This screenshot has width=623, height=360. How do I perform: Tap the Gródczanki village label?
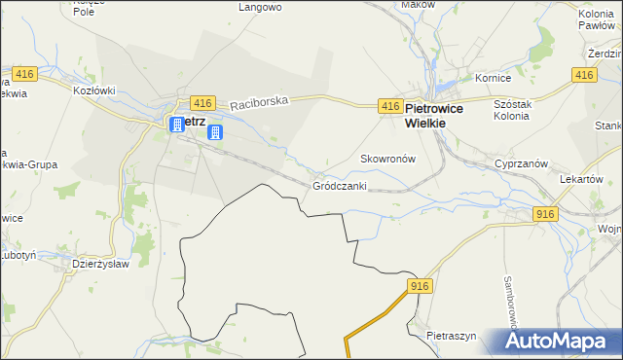pos(339,185)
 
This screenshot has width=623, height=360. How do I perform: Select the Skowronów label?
pos(388,159)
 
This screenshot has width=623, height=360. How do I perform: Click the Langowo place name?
pos(260,7)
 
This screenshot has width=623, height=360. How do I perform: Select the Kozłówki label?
pos(94,90)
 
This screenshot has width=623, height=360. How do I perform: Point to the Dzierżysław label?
pos(101,264)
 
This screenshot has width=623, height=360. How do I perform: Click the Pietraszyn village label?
pos(452,336)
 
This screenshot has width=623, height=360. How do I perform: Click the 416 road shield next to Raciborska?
pos(202,103)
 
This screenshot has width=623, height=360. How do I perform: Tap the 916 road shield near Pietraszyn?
pos(420,285)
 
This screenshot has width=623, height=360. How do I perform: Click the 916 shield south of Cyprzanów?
pos(545,214)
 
